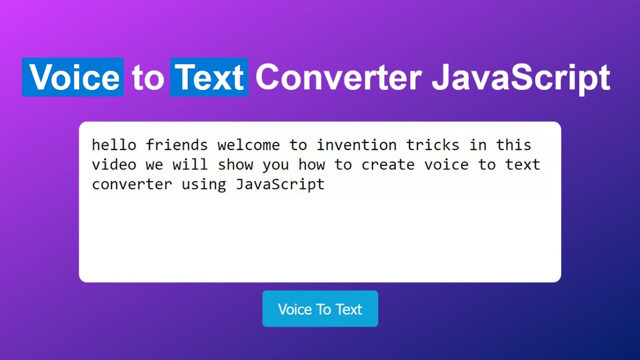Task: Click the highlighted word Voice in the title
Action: tap(73, 77)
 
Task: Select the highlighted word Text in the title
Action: tap(209, 77)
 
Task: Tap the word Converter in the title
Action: tap(338, 77)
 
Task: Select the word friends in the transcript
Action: tap(176, 145)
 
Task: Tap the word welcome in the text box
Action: tap(248, 145)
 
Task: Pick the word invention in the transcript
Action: tap(356, 145)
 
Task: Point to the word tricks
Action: tap(432, 145)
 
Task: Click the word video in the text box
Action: tap(114, 164)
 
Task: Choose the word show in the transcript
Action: tap(235, 164)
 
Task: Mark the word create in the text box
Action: tap(387, 164)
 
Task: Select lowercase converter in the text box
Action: tap(131, 184)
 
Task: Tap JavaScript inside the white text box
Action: tap(280, 184)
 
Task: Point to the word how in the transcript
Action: tap(311, 164)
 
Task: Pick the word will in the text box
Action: tap(190, 164)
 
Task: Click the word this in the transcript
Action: tap(513, 145)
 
